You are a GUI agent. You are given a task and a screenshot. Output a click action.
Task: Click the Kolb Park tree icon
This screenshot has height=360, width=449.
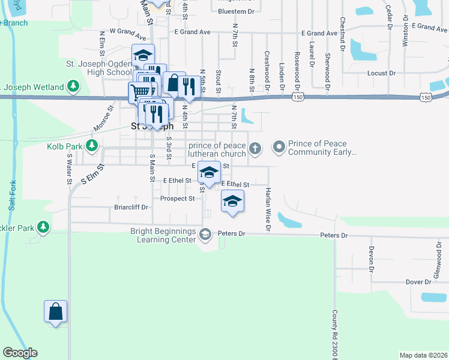click(x=92, y=145)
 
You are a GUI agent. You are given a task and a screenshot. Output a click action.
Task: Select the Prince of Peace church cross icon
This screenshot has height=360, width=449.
click(x=255, y=148)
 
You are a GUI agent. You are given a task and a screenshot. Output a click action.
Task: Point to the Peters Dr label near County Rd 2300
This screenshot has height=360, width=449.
click(x=334, y=236)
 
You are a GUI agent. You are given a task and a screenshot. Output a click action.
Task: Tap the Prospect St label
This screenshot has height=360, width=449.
click(x=178, y=198)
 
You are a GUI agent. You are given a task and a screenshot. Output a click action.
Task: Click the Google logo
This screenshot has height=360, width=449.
click(x=20, y=353)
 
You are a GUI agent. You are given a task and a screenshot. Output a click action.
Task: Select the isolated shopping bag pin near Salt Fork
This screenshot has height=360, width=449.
click(x=55, y=312)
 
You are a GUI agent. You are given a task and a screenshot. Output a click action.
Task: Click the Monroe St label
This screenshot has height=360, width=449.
click(x=103, y=119)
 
